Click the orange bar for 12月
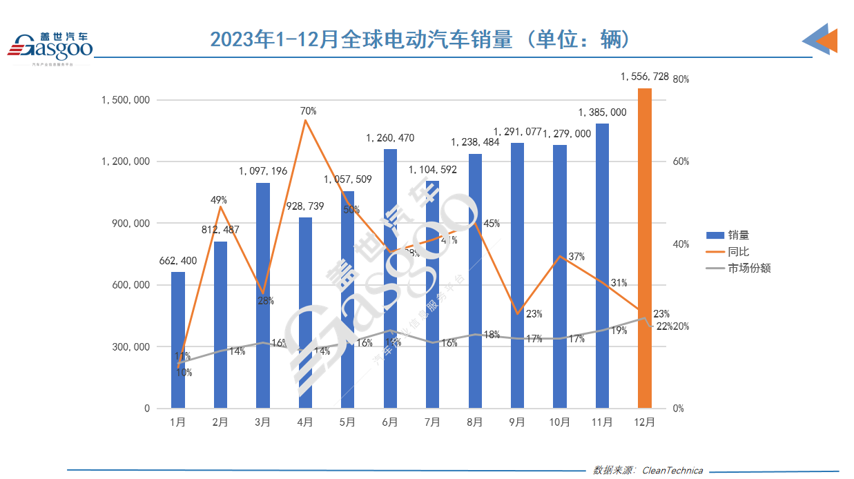click(644, 248)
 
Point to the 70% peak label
click(308, 110)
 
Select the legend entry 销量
click(738, 235)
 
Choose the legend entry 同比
click(738, 252)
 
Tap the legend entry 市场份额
click(748, 268)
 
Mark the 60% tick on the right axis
click(681, 162)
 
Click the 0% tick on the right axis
click(679, 409)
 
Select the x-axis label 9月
click(517, 422)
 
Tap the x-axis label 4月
click(305, 422)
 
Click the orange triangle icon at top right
click(826, 41)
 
